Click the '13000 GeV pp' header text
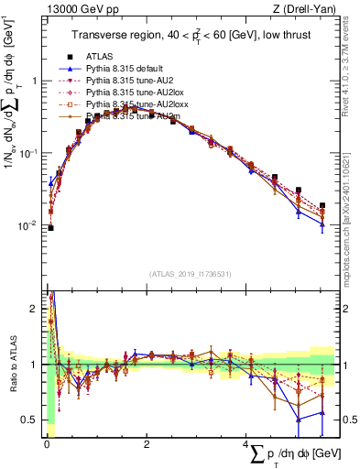pyautogui.click(x=74, y=8)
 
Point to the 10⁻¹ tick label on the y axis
pyautogui.click(x=27, y=153)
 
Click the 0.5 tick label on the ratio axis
pyautogui.click(x=28, y=420)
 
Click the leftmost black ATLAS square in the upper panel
pyautogui.click(x=50, y=228)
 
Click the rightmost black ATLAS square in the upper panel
pyautogui.click(x=322, y=206)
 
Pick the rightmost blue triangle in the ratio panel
pyautogui.click(x=322, y=412)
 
